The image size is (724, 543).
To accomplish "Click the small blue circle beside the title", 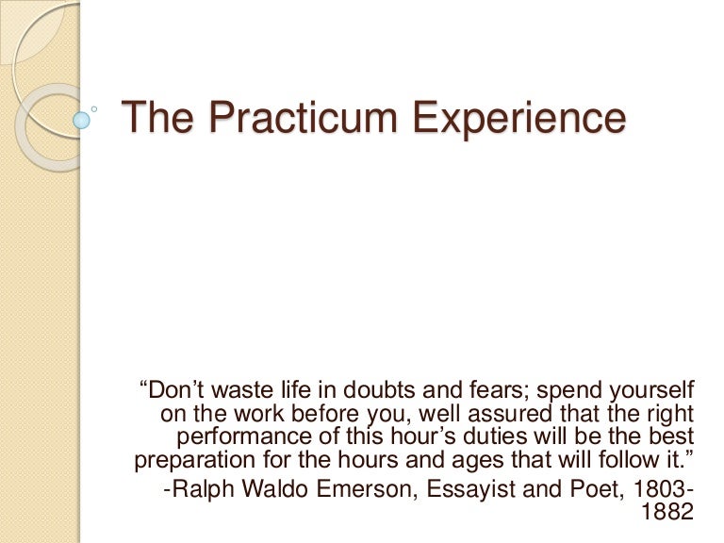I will coord(82,120).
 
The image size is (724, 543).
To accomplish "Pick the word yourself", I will coord(650,389).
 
